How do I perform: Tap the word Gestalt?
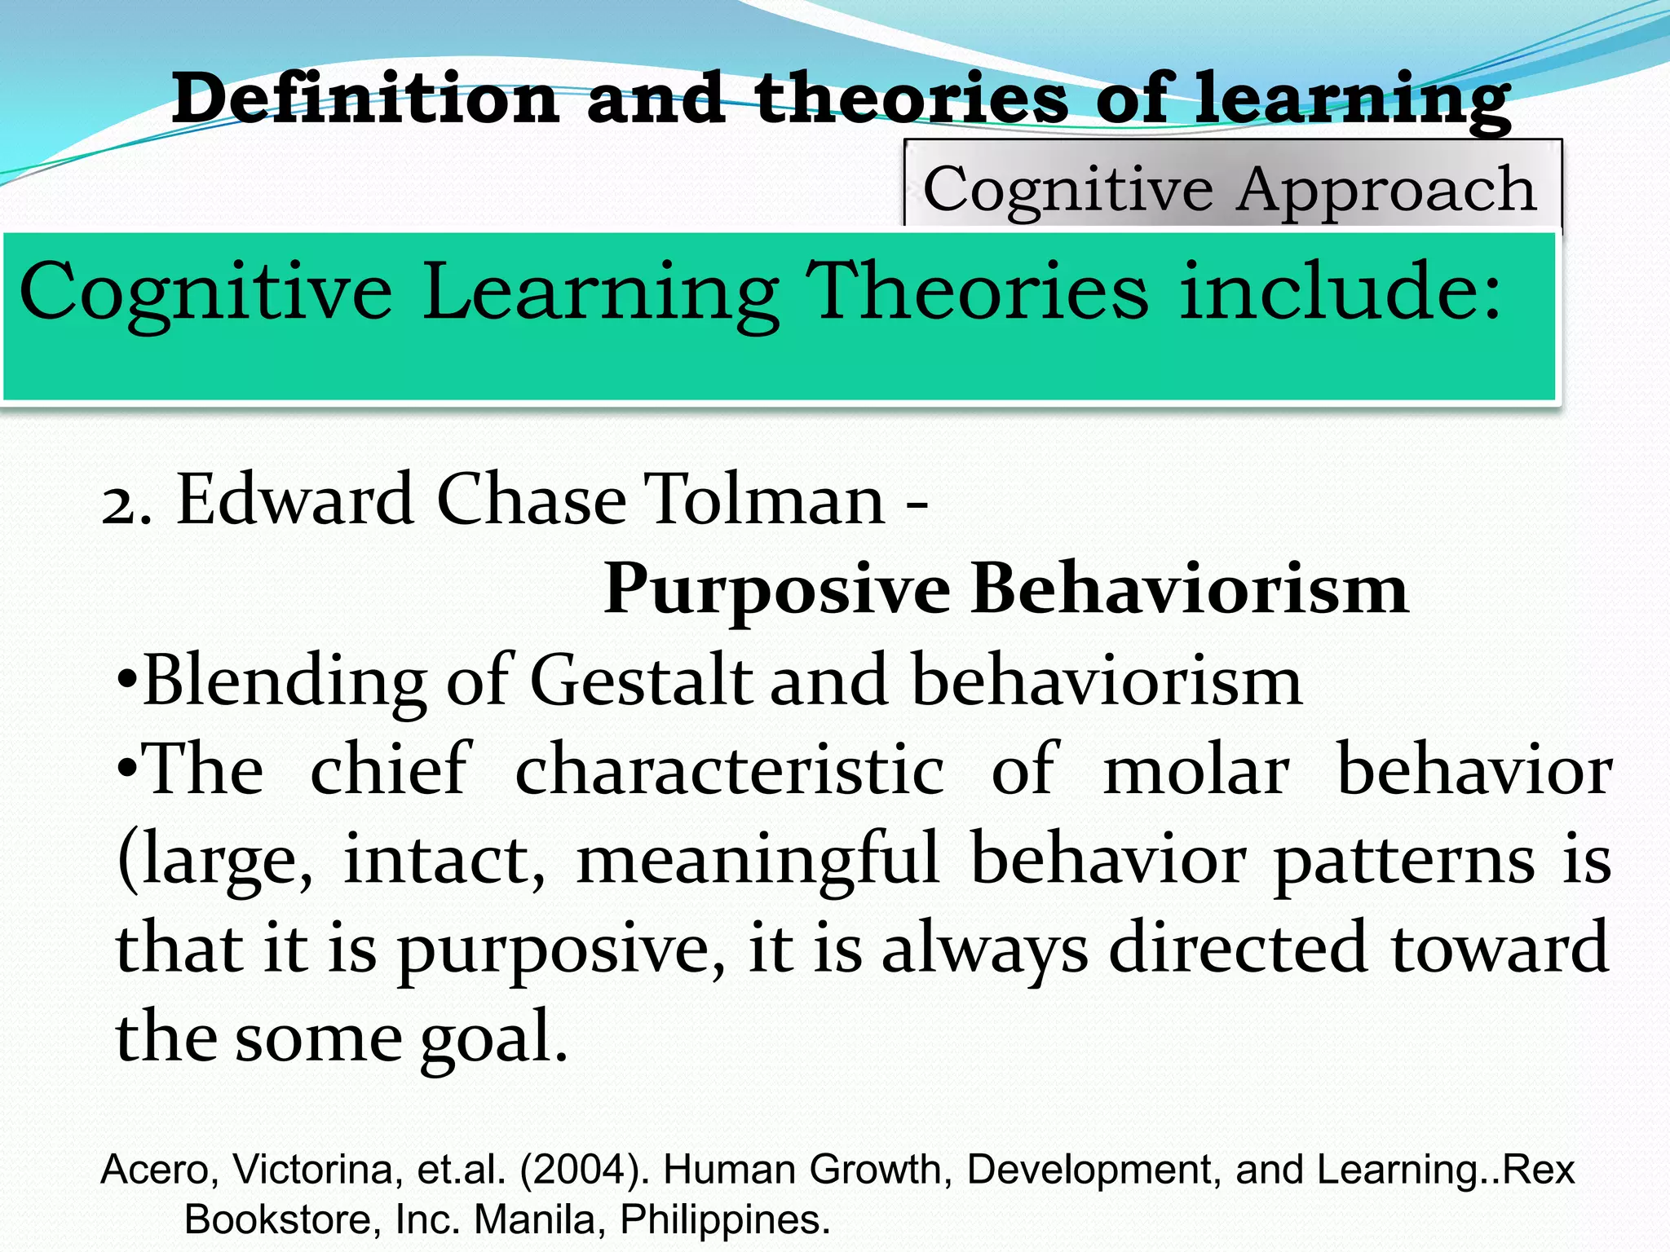641,681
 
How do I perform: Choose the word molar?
1196,769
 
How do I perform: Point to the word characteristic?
730,769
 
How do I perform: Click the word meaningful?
758,859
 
